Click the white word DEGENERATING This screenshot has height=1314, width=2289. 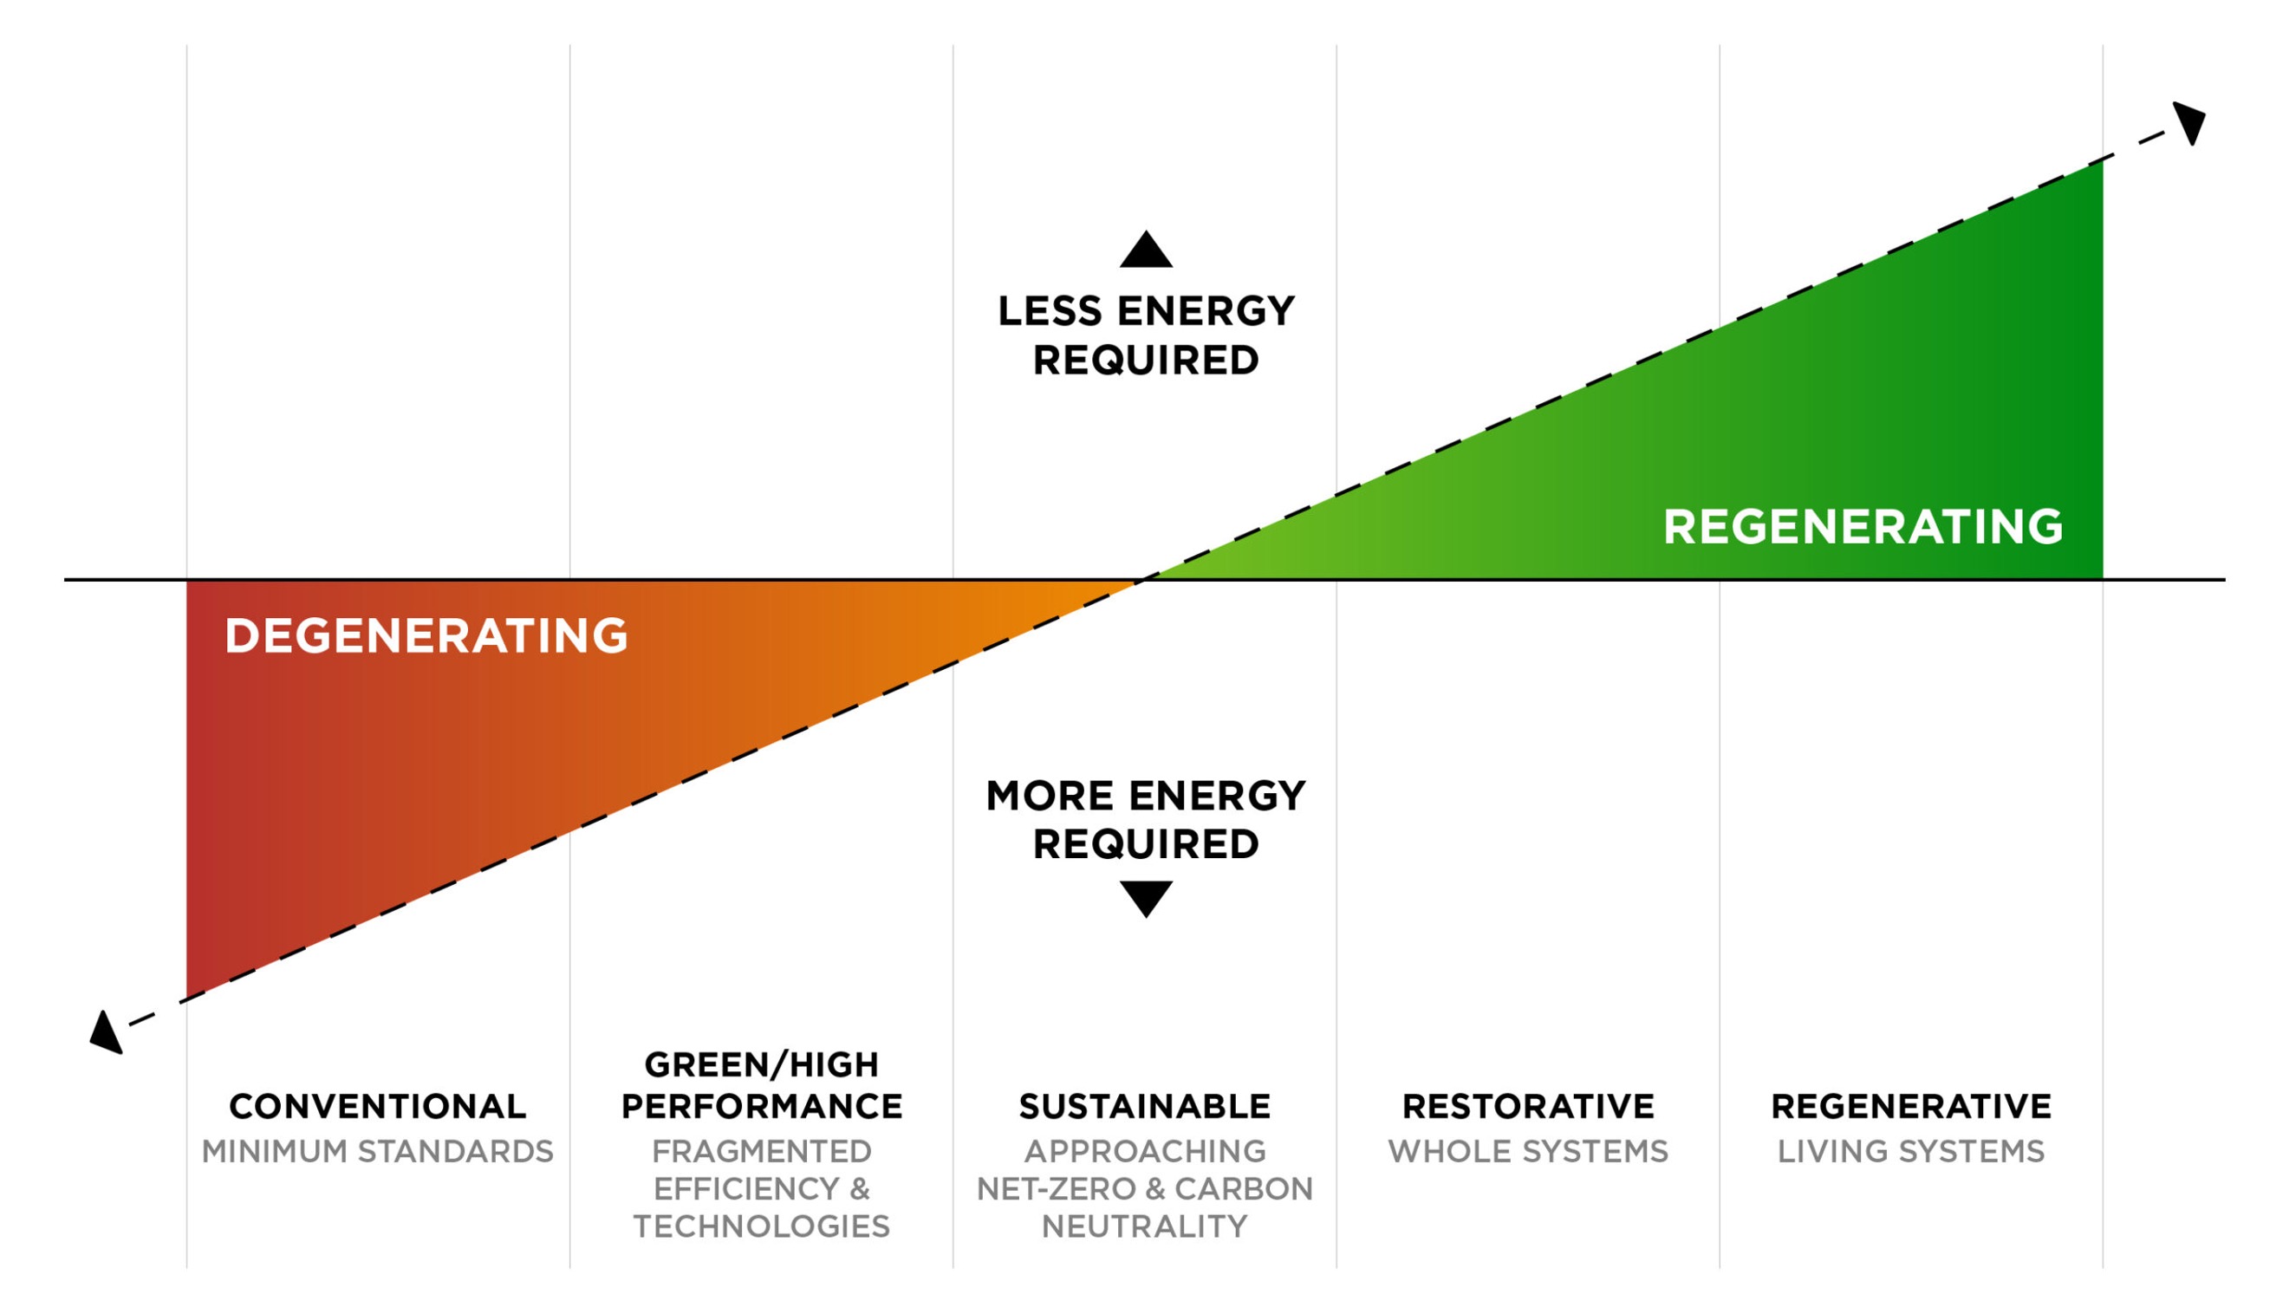(x=426, y=636)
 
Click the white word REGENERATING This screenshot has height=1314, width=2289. (x=1863, y=527)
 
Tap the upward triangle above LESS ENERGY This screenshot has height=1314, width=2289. (x=1146, y=251)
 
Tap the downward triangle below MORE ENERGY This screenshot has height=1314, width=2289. (x=1146, y=897)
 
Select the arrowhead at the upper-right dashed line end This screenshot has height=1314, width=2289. (x=2191, y=121)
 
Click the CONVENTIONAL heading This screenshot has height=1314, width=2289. (x=377, y=1107)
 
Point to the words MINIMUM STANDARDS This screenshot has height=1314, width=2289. (x=377, y=1152)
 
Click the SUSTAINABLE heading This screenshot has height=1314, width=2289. (x=1145, y=1107)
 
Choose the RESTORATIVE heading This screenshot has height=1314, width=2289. (x=1528, y=1107)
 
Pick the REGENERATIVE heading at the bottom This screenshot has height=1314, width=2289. (x=1911, y=1107)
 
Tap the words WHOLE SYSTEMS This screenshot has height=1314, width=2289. (x=1528, y=1152)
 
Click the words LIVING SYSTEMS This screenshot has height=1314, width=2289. (x=1911, y=1152)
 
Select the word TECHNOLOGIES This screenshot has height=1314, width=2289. (x=762, y=1226)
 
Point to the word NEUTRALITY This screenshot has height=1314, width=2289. (x=1145, y=1226)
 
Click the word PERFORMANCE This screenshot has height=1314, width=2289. (x=762, y=1107)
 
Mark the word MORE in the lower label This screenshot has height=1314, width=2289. (x=1049, y=796)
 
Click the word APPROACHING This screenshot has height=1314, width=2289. (x=1145, y=1152)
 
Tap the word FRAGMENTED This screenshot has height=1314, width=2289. (x=762, y=1152)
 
